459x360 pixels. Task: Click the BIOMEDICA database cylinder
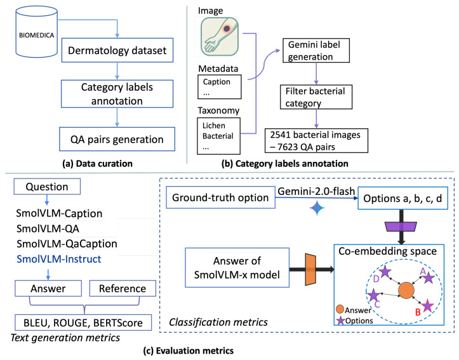[x=36, y=32]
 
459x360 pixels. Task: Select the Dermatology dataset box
[x=117, y=50]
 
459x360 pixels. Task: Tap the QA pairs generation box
[x=117, y=139]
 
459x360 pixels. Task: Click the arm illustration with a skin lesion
[x=220, y=36]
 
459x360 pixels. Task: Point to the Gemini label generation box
[x=316, y=50]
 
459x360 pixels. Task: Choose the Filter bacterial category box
[x=316, y=97]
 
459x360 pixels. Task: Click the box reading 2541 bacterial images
[x=316, y=140]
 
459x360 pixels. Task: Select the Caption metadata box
[x=220, y=86]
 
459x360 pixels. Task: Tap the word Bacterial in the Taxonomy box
[x=218, y=136]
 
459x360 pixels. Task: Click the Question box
[x=47, y=187]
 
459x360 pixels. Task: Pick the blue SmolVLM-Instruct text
[x=59, y=259]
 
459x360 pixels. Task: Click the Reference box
[x=123, y=288]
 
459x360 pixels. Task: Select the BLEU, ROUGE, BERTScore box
[x=83, y=323]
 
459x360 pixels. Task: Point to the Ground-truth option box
[x=220, y=197]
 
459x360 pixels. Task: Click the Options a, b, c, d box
[x=402, y=198]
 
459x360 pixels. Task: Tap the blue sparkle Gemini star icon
[x=317, y=208]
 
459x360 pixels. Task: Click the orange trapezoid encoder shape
[x=310, y=270]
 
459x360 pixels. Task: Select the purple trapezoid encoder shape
[x=401, y=227]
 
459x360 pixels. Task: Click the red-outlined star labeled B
[x=428, y=305]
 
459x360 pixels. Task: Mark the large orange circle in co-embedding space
[x=406, y=291]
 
